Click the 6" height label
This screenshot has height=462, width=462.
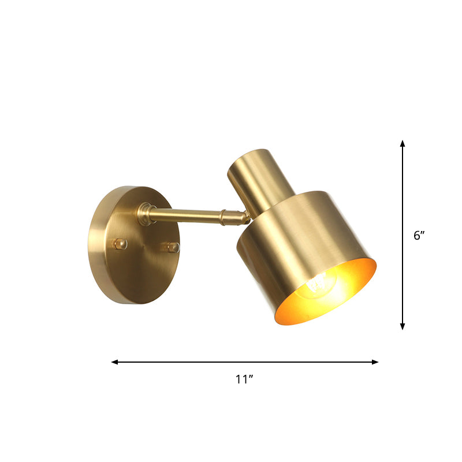point(419,236)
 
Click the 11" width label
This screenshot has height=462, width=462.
point(245,379)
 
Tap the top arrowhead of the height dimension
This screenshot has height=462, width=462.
point(403,143)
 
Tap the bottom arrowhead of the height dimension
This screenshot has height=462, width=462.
point(403,326)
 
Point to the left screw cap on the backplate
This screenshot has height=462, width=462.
point(120,244)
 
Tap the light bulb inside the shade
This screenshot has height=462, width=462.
point(318,286)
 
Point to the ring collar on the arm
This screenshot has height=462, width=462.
point(222,217)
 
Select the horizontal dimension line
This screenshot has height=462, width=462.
point(173,362)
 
